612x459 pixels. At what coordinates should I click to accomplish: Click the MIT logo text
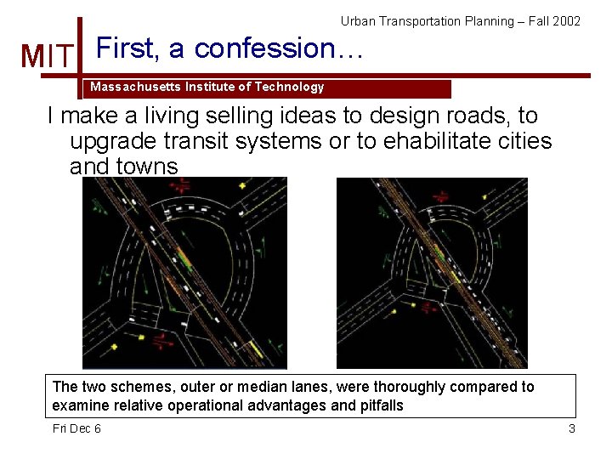[48, 56]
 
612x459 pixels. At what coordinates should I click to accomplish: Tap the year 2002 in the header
[566, 21]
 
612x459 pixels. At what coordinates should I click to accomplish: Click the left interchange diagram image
[184, 273]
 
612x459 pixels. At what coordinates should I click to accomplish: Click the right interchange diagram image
[432, 273]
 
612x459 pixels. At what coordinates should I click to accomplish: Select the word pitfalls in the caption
[378, 406]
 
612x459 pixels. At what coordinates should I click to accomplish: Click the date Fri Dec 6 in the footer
[76, 428]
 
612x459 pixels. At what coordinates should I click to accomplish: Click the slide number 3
[572, 428]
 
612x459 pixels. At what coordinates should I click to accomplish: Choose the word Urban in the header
[359, 21]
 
